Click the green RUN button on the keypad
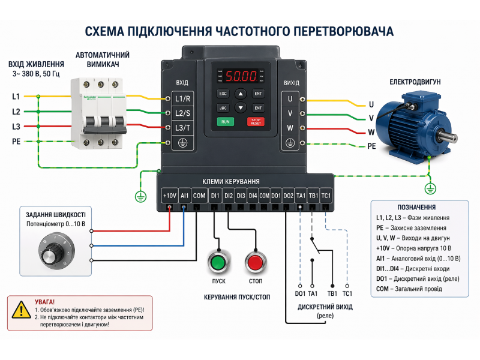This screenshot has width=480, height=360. click(x=226, y=122)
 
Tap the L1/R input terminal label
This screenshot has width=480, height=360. click(x=182, y=98)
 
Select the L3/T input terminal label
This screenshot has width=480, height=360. click(x=182, y=127)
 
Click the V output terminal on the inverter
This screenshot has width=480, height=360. click(x=290, y=113)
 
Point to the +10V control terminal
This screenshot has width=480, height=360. click(x=170, y=196)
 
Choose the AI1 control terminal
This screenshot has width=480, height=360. click(x=184, y=196)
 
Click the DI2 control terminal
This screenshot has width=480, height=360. click(x=229, y=196)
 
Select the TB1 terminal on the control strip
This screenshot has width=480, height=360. click(x=313, y=196)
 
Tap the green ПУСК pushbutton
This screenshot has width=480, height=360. click(x=217, y=263)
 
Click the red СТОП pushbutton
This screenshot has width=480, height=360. click(x=255, y=263)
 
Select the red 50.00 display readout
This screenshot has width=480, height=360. click(x=241, y=77)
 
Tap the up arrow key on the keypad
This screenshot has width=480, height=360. click(x=241, y=94)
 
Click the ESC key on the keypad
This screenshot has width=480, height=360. click(x=223, y=94)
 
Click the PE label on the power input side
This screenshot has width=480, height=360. click(x=16, y=142)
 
